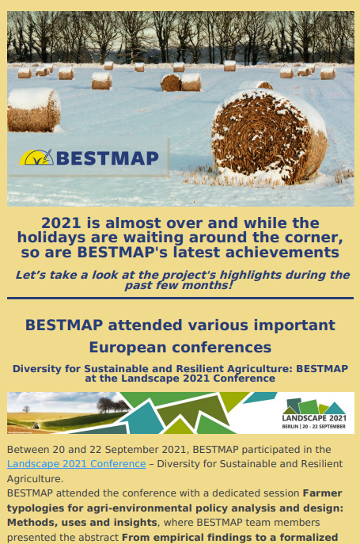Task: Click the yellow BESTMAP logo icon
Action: click(x=36, y=157)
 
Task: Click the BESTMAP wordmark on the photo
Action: click(x=108, y=158)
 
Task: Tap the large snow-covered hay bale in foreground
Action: click(x=269, y=137)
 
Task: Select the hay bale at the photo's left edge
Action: click(x=34, y=110)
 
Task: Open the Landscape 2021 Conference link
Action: click(x=76, y=464)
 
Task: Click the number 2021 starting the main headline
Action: click(x=62, y=223)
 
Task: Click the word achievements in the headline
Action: click(x=282, y=253)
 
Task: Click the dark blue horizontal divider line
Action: click(x=180, y=298)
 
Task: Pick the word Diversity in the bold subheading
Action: click(x=36, y=368)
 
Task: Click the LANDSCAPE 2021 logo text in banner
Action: click(x=314, y=418)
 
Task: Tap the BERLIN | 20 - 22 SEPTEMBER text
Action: click(x=313, y=426)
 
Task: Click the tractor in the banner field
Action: click(x=35, y=426)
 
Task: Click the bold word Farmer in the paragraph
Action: click(x=322, y=493)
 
